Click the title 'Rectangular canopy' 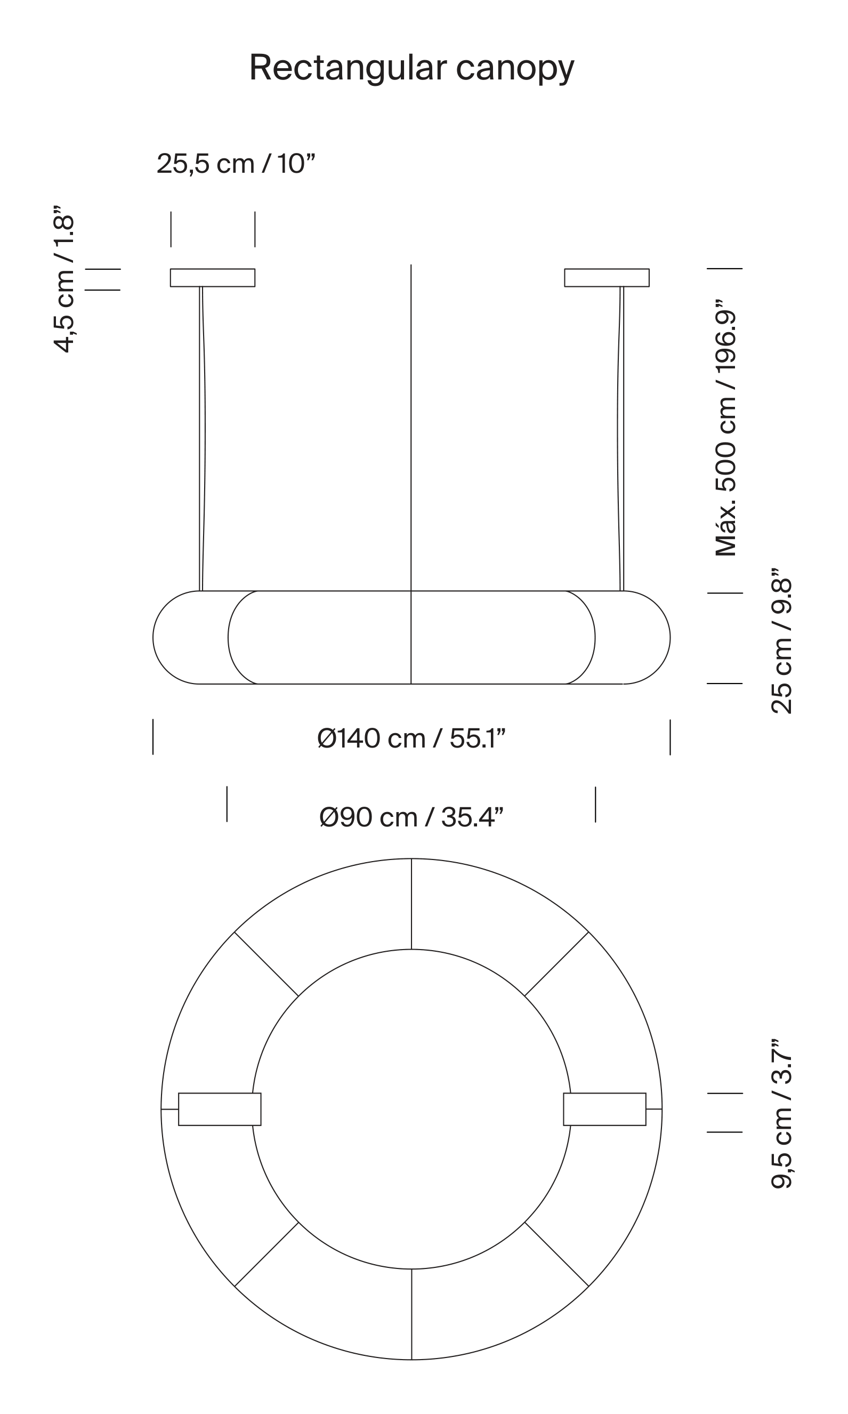tap(411, 69)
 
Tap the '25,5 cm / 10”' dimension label tap(236, 164)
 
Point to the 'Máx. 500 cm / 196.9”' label tap(726, 427)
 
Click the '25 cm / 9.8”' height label tap(781, 641)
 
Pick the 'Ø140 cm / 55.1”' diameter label tap(411, 738)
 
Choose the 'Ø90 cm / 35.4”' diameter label tap(411, 817)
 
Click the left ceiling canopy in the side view tap(213, 278)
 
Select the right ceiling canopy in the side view tap(607, 278)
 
